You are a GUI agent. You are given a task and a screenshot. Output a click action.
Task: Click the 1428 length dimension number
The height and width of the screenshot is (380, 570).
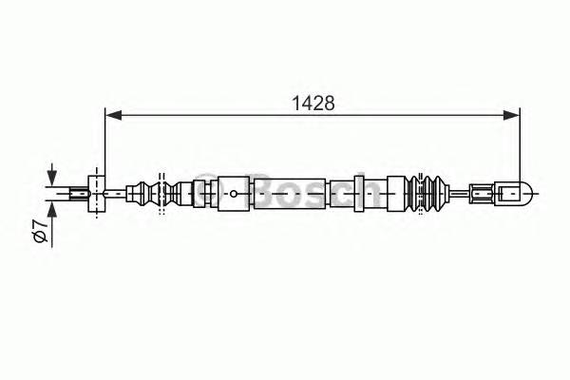(312, 102)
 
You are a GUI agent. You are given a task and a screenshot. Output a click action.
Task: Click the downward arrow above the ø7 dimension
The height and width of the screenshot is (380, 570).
(51, 177)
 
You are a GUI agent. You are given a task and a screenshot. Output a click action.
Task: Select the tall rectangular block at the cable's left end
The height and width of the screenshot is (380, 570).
(95, 195)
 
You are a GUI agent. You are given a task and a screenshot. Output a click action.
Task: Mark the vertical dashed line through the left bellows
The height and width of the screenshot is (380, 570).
(161, 195)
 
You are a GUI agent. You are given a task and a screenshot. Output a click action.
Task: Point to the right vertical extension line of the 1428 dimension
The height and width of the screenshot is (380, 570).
(521, 142)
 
